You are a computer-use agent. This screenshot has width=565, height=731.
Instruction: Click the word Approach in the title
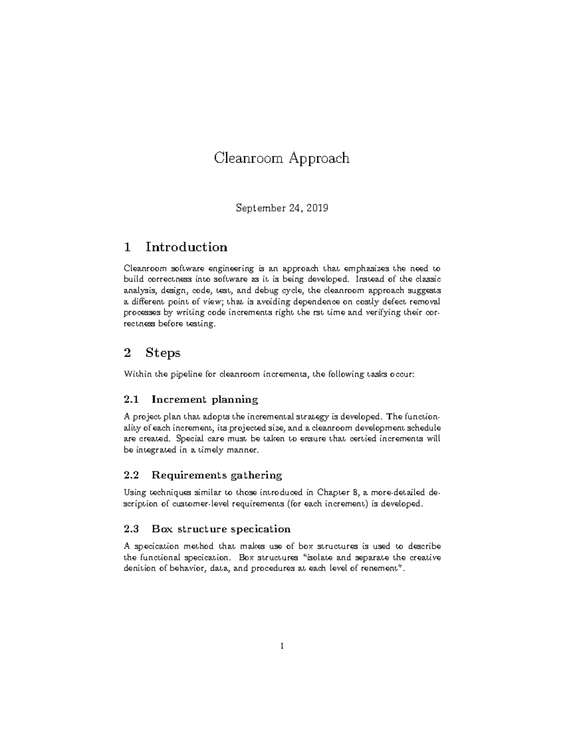pyautogui.click(x=319, y=158)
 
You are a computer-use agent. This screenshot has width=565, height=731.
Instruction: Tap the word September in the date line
pyautogui.click(x=258, y=208)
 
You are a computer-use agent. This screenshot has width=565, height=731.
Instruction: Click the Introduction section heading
pyautogui.click(x=186, y=247)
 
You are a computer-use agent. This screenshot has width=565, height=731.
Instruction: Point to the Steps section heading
pyautogui.click(x=163, y=353)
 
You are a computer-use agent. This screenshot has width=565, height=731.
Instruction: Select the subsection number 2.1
pyautogui.click(x=131, y=400)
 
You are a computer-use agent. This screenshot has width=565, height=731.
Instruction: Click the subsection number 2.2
pyautogui.click(x=131, y=474)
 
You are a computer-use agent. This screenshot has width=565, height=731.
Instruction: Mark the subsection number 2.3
pyautogui.click(x=131, y=529)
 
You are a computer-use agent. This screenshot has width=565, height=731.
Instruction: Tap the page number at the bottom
pyautogui.click(x=282, y=646)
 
